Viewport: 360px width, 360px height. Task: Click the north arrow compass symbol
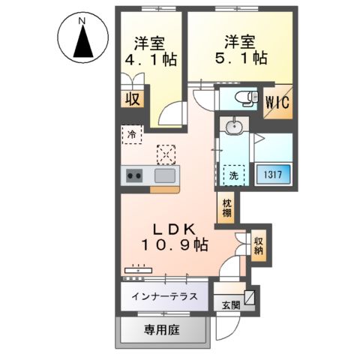tap(82, 38)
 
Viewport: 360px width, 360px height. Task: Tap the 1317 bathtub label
tap(271, 175)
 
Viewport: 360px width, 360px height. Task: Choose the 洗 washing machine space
tap(235, 175)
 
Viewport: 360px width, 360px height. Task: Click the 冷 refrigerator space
tap(131, 136)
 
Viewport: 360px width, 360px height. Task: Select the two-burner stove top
tap(135, 176)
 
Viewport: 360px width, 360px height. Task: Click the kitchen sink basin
tap(165, 176)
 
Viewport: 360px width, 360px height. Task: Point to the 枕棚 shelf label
tap(226, 208)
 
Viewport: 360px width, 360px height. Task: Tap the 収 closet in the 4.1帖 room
tap(131, 98)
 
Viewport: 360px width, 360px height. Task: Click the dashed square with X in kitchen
tap(164, 154)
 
